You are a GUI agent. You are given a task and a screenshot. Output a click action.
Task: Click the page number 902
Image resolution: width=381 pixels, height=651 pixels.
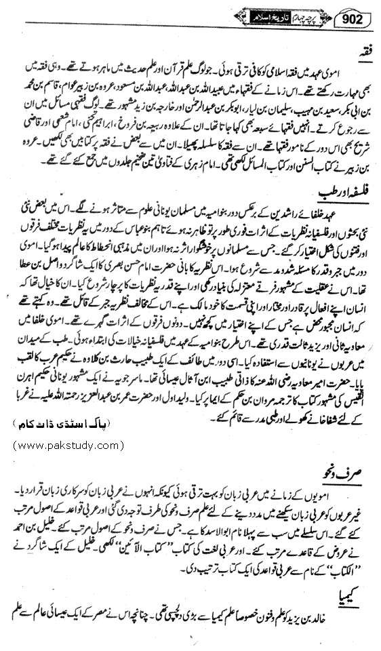[355, 14]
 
